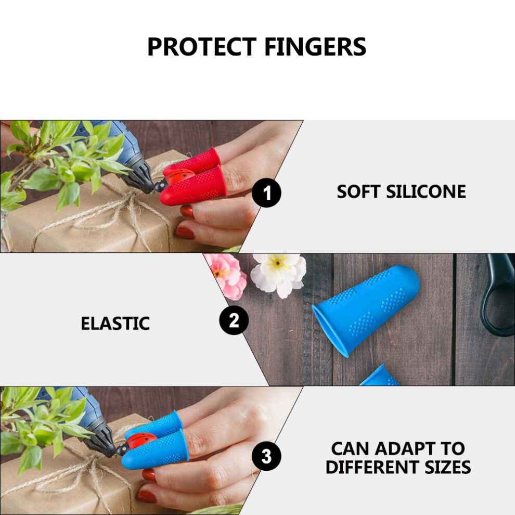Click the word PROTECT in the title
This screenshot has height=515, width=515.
202,47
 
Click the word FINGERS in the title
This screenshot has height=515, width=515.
315,47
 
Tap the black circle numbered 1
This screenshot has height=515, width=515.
266,193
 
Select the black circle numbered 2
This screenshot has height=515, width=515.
234,320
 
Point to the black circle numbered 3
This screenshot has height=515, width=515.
266,456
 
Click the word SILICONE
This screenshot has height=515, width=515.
426,192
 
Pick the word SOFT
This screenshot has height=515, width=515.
358,192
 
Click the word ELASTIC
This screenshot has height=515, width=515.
115,324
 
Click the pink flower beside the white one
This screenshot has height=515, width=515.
227,275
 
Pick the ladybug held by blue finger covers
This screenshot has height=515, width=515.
135,442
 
